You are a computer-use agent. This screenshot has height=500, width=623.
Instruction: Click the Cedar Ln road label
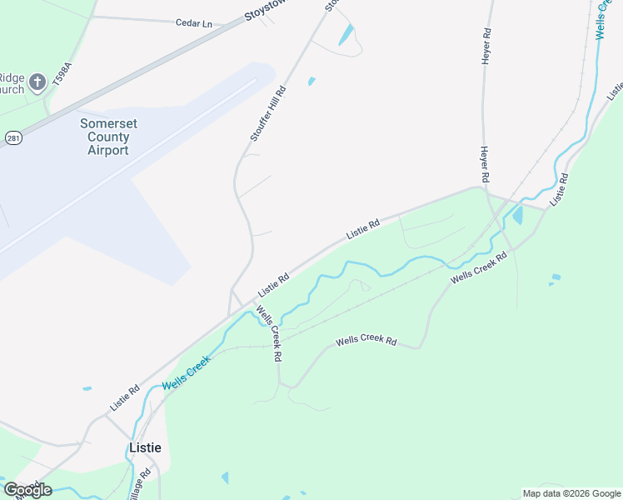coord(193,23)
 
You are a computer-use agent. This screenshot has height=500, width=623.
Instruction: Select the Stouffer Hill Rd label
coord(267,113)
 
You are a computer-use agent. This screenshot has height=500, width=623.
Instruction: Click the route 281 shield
coord(12,137)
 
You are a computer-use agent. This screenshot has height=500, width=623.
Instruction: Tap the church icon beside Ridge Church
coord(37,82)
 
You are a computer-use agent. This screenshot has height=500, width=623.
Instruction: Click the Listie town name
coord(145,447)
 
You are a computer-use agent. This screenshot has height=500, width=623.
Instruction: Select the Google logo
coord(27,489)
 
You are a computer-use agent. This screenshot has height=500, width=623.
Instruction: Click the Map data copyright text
coord(571,493)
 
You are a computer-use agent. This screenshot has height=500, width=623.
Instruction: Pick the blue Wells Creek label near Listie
coord(187,372)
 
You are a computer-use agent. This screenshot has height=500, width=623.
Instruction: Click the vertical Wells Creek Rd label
coord(270,334)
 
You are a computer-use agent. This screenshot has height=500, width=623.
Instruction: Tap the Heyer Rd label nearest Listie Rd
coord(483,165)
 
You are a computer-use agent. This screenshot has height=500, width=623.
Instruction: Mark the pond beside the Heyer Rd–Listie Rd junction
coord(518,216)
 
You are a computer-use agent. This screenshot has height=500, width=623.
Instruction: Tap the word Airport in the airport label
coord(108,151)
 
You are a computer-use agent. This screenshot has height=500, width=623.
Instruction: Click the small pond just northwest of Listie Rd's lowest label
coord(87,388)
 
